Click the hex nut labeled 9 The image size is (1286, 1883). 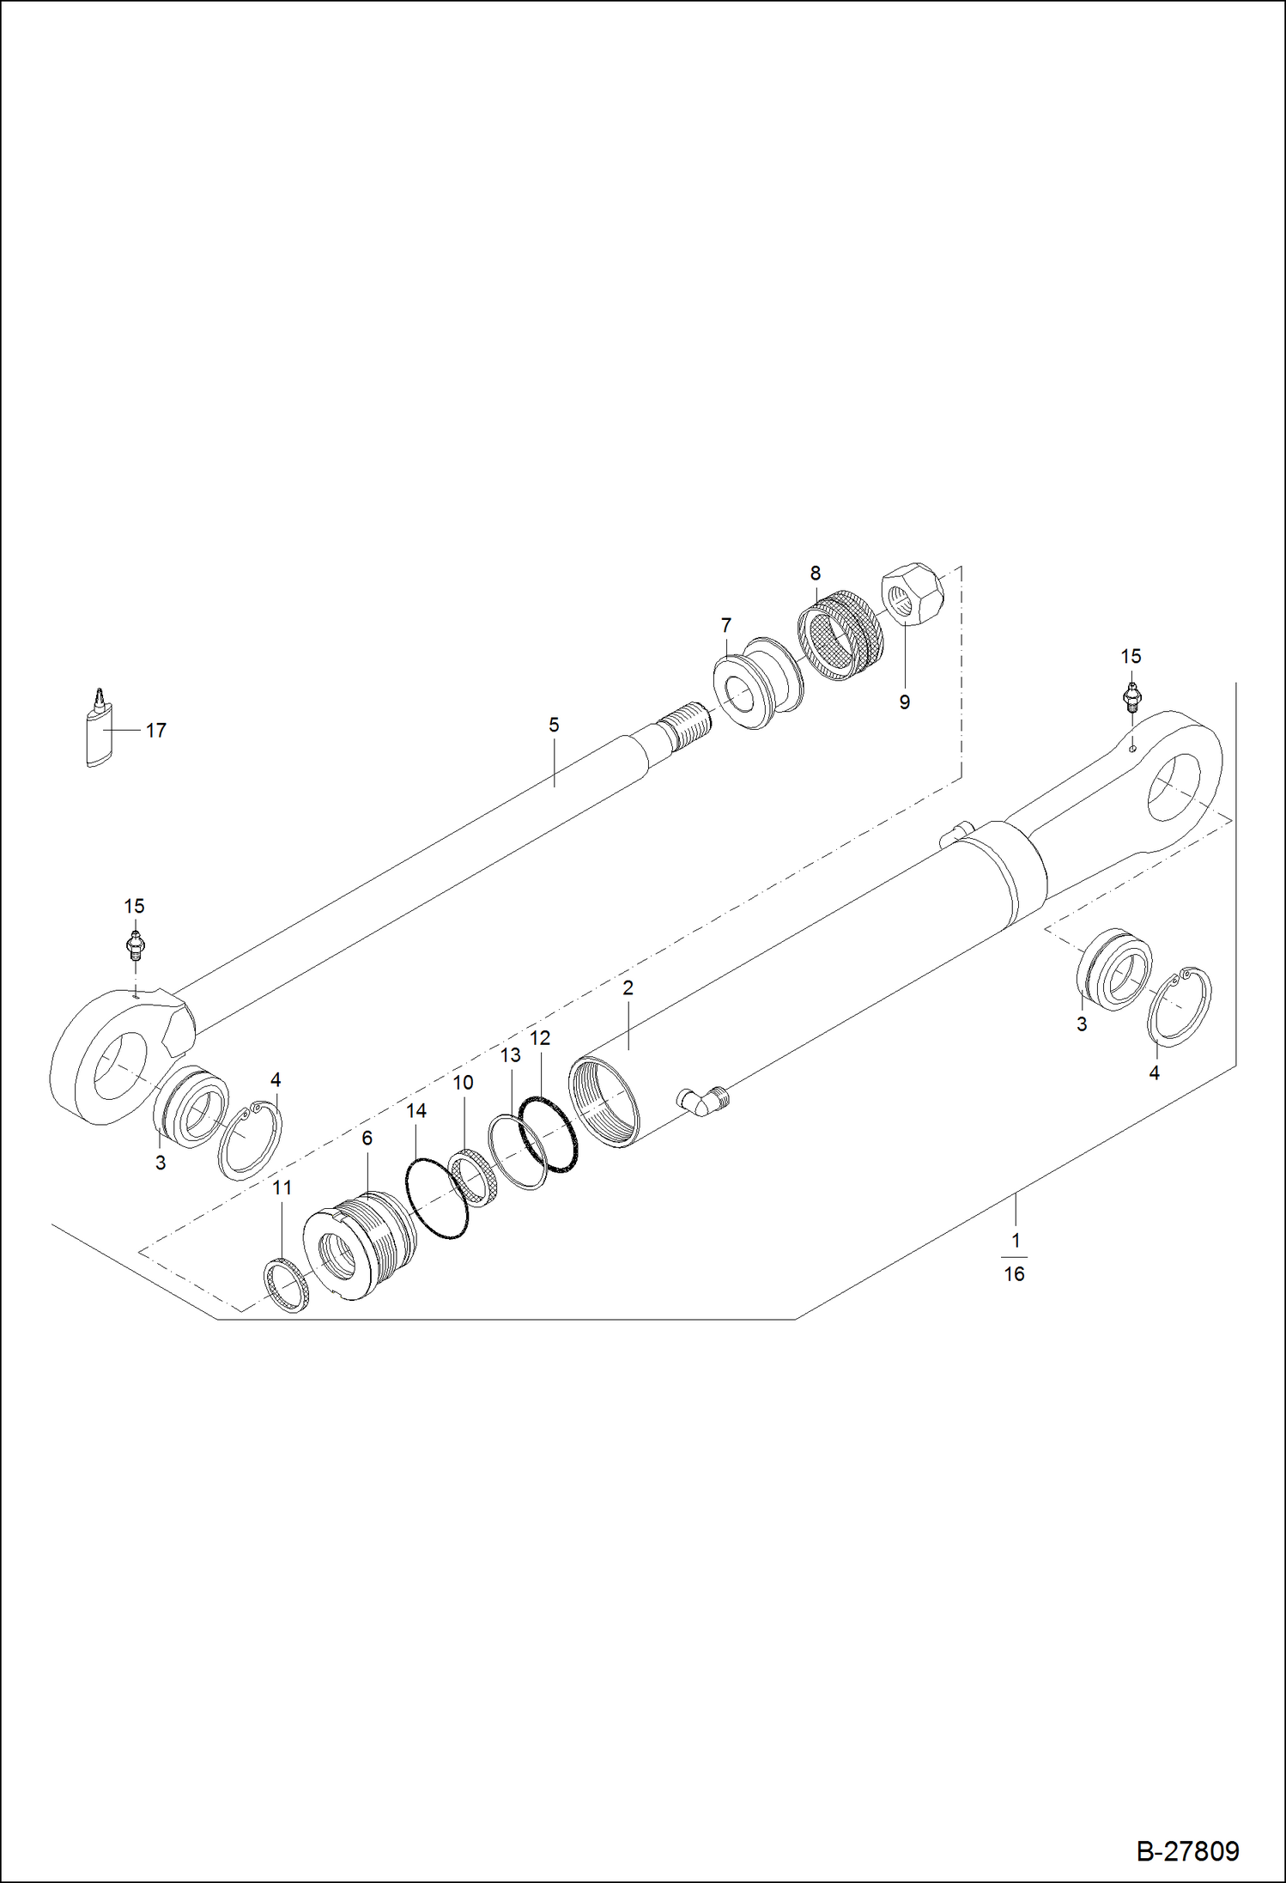[x=911, y=592]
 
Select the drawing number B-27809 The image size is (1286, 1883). [x=1187, y=1850]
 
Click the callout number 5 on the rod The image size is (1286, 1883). [x=554, y=726]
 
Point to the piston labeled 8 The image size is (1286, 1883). [x=839, y=639]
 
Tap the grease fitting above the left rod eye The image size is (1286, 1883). [x=135, y=945]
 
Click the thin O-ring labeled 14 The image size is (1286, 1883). [x=437, y=1198]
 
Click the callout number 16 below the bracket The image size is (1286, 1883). [x=1014, y=1274]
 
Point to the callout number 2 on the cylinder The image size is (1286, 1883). [x=628, y=988]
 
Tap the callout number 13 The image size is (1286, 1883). [x=510, y=1055]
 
